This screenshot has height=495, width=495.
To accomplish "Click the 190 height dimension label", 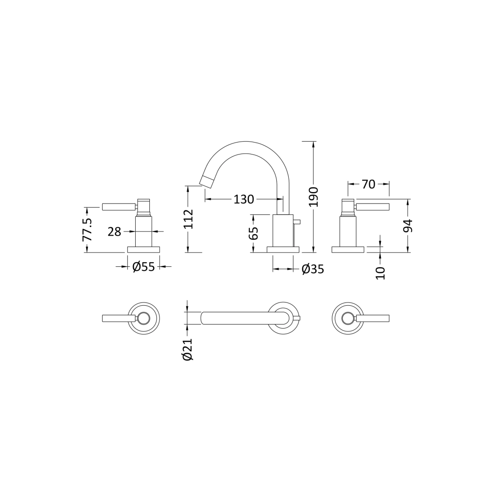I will (313, 197).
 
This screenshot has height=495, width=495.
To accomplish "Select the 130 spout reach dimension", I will (243, 199).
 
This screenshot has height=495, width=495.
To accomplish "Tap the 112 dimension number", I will (188, 219).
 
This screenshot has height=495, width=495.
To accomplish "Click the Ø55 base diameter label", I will (143, 267).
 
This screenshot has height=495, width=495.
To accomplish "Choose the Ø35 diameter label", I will (313, 269).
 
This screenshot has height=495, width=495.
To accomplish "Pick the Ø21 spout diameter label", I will (187, 350).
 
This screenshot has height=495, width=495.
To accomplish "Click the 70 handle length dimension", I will (368, 184).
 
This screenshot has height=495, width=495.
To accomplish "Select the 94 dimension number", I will (407, 226).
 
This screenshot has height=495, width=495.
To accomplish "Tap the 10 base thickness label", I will (380, 273).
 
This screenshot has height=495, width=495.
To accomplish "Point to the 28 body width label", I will (114, 232).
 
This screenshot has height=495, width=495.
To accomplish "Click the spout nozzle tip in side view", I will (206, 181).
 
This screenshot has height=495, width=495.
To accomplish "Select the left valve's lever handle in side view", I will (118, 207).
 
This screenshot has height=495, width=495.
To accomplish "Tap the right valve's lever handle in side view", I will (372, 207).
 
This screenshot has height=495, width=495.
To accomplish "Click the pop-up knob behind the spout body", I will (297, 222).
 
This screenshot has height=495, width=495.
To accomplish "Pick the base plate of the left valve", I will (143, 249).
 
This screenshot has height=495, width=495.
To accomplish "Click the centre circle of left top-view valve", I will (143, 318).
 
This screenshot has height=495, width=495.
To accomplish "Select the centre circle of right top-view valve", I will (348, 318).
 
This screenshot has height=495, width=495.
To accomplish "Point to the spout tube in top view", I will (238, 318).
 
